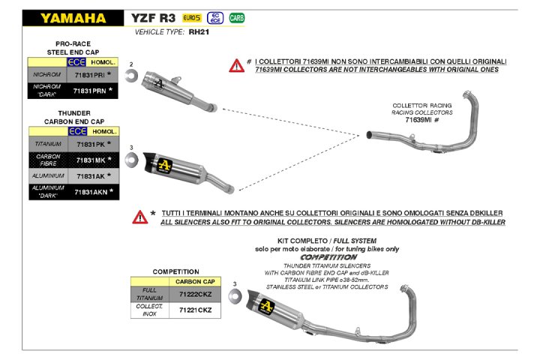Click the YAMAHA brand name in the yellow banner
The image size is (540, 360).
(x=73, y=17)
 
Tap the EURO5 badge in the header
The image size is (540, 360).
(x=191, y=17)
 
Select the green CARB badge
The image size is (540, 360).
(x=237, y=17)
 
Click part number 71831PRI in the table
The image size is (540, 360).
(x=89, y=75)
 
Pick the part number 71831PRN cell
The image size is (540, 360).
(x=89, y=91)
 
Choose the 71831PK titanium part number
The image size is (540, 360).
(x=89, y=143)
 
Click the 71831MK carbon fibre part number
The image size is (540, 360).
(x=89, y=159)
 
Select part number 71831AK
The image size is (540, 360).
(x=89, y=175)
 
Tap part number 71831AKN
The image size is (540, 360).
(x=89, y=192)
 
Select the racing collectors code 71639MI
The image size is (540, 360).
(x=422, y=119)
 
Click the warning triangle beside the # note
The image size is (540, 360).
(x=237, y=65)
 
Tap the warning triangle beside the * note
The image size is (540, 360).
(x=139, y=217)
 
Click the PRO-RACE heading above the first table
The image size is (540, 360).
(x=73, y=44)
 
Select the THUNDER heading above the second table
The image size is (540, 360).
(x=73, y=112)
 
